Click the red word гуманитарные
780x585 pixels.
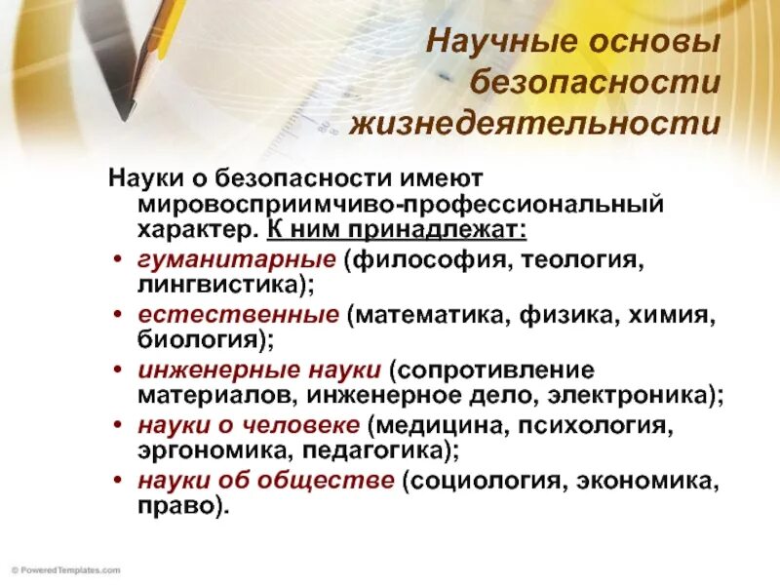pyautogui.click(x=236, y=261)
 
